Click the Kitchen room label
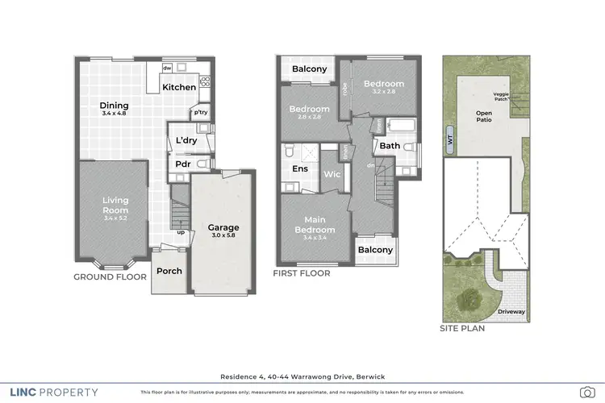179,87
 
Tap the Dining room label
114,106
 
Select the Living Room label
115,205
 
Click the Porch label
169,271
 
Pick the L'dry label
186,140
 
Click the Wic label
332,174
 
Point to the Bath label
390,146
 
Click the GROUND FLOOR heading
110,276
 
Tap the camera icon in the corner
586,393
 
